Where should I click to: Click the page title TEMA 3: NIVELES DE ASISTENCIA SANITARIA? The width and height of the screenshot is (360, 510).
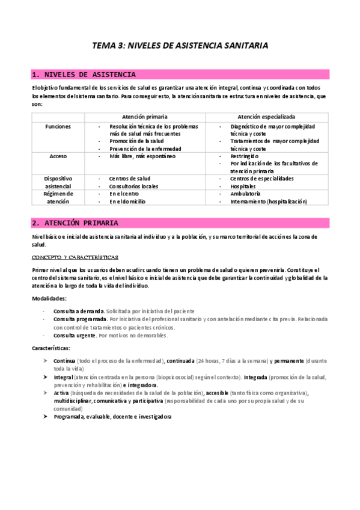(x=180, y=45)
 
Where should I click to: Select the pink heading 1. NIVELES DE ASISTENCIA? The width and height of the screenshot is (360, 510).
(x=84, y=75)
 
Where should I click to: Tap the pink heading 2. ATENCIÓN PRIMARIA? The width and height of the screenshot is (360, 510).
(x=75, y=223)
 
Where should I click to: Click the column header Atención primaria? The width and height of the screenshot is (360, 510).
(x=144, y=116)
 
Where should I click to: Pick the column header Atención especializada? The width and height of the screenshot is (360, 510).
(x=266, y=116)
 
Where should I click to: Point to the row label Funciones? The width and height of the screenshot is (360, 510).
(x=58, y=127)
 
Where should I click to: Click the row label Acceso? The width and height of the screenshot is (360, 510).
(x=58, y=156)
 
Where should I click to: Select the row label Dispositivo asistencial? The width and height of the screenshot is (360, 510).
(x=58, y=182)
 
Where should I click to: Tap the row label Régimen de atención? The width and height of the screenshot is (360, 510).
(x=58, y=197)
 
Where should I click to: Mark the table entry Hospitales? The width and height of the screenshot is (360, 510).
(x=243, y=186)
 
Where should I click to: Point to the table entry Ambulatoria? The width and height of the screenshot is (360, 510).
(x=245, y=194)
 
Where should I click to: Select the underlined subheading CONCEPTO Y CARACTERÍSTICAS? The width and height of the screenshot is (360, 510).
(x=75, y=257)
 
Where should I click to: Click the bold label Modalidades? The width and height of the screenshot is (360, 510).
(x=49, y=299)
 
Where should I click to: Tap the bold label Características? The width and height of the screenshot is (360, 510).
(x=51, y=348)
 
